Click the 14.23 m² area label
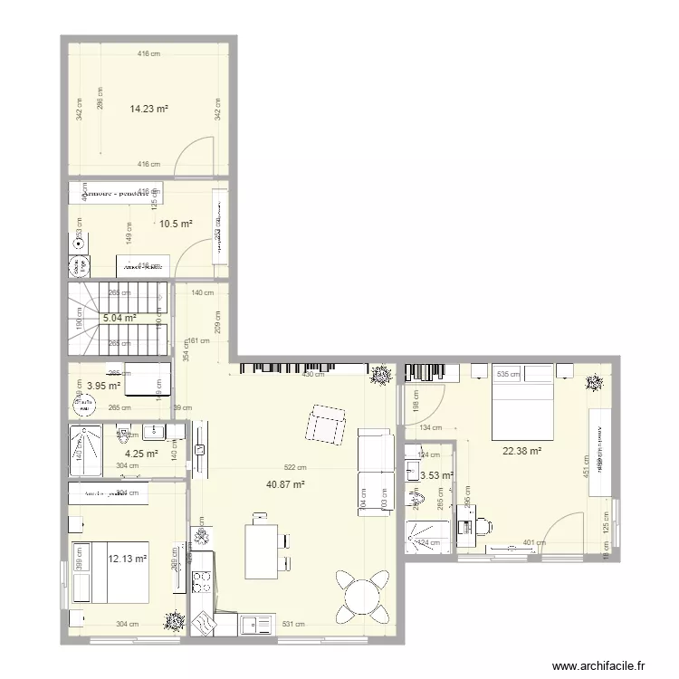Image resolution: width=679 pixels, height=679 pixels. click(149, 109)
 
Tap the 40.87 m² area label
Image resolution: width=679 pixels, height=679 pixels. click(285, 484)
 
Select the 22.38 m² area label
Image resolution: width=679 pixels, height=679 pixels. click(522, 451)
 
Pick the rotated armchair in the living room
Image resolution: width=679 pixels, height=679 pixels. click(327, 426)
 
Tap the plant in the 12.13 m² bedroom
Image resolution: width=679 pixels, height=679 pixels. click(171, 621)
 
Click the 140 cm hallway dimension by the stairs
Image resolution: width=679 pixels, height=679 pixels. click(202, 292)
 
